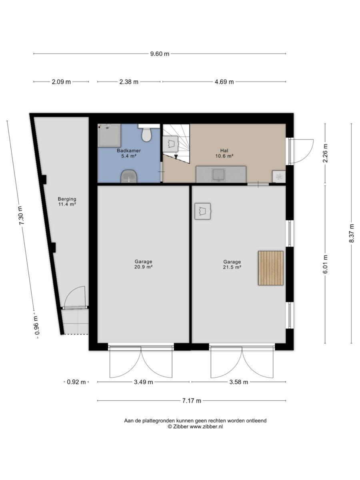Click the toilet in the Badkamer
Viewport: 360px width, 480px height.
147,133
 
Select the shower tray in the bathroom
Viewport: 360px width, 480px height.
109,135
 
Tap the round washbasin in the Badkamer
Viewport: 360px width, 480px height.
129,176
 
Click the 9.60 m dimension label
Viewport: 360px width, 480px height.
160,54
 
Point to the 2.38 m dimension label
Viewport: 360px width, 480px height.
129,82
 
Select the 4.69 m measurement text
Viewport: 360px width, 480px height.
224,82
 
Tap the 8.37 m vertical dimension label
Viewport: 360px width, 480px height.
351,233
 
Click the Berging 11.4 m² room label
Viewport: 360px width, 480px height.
67,202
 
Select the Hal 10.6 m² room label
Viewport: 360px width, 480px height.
224,153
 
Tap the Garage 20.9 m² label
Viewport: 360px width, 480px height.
143,264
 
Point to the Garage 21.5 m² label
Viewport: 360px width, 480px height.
232,264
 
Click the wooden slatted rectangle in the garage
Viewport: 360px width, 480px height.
271,268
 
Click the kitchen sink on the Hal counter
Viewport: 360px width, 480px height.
219,175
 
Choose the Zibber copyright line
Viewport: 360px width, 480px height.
195,426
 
